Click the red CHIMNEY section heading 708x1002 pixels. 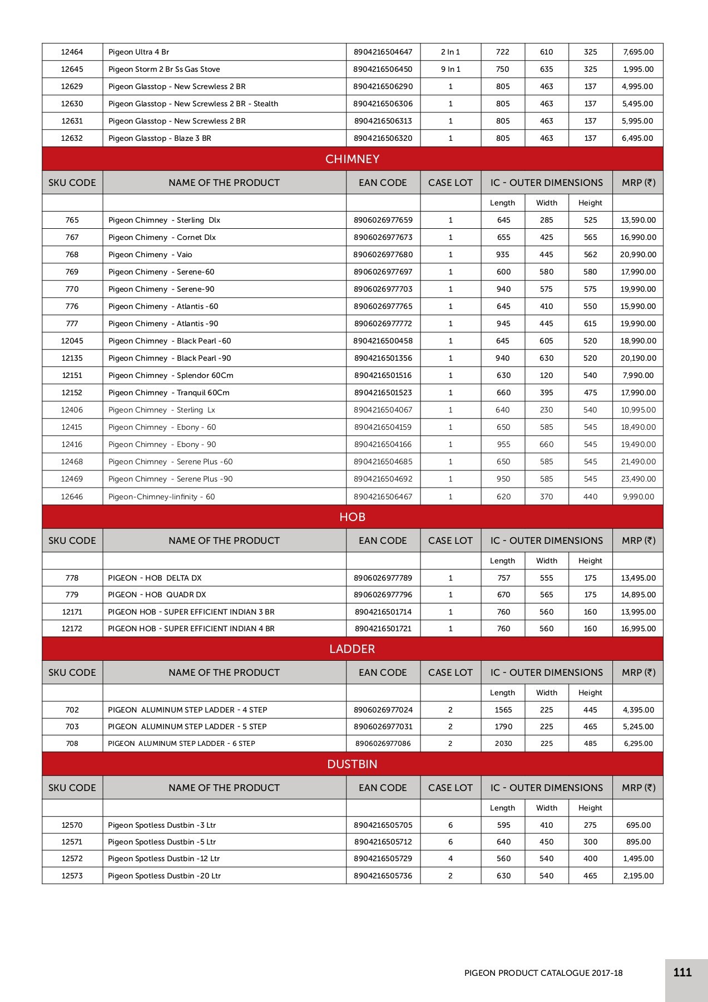(x=352, y=159)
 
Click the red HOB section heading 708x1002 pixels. (x=352, y=517)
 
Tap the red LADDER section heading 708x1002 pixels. (x=352, y=649)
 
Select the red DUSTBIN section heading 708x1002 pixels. (x=352, y=764)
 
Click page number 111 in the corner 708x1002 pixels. (x=682, y=972)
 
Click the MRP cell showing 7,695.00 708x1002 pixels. (x=638, y=52)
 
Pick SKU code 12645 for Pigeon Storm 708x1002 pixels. (x=72, y=69)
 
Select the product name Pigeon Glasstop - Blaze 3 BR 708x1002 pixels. (x=160, y=138)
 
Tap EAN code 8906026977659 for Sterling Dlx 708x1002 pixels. (x=383, y=220)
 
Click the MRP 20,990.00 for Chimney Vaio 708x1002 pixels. (x=638, y=254)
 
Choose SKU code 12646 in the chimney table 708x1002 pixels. (x=72, y=497)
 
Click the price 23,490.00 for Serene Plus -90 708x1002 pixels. (x=638, y=479)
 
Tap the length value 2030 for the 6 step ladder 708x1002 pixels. (x=503, y=743)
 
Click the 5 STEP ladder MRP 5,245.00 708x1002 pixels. (x=638, y=726)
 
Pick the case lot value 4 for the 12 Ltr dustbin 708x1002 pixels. (x=450, y=858)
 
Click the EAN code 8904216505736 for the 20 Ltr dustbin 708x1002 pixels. (x=383, y=876)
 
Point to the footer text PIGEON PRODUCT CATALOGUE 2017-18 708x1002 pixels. (x=543, y=973)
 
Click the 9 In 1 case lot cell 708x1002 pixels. (x=450, y=69)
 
